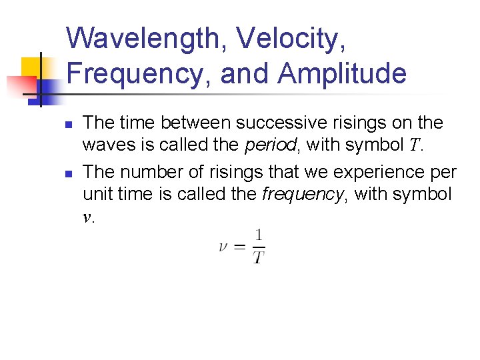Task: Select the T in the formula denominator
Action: pos(259,257)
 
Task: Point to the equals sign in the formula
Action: pos(240,247)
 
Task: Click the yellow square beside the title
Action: pos(32,67)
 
